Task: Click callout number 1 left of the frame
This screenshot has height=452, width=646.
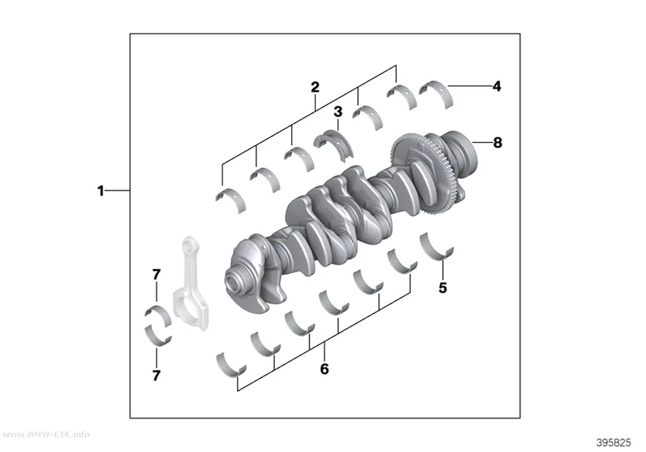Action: pos(100,191)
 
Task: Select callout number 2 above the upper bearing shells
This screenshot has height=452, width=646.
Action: pos(315,87)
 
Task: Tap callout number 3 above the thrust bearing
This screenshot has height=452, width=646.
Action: pos(338,111)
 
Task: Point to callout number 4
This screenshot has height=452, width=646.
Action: pos(497,86)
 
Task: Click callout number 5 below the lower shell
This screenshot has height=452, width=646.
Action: pos(442,288)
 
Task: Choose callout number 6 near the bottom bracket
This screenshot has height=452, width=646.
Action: pos(324,369)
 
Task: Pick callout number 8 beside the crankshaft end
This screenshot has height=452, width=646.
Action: pos(498,143)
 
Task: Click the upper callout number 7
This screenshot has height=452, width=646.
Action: pos(156,274)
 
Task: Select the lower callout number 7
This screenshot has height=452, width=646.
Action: pos(156,375)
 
